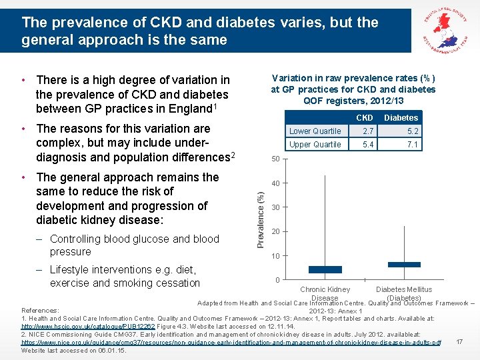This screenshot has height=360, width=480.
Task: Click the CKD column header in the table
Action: coord(364,118)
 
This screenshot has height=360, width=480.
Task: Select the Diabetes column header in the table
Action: coord(402,118)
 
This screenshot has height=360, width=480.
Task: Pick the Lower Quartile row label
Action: coord(315,131)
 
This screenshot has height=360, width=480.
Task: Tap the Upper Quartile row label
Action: coord(315,145)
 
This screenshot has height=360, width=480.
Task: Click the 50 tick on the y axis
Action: coord(275,159)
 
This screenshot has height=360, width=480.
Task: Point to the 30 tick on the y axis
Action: coord(275,207)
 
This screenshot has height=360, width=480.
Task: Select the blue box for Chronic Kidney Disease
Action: coord(325,269)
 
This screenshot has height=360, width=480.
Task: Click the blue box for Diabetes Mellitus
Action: coord(404,265)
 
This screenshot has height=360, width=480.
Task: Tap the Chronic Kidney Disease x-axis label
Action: coord(325,293)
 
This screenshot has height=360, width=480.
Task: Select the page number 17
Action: coord(459,342)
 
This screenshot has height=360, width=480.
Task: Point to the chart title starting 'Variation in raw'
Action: coord(353,89)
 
